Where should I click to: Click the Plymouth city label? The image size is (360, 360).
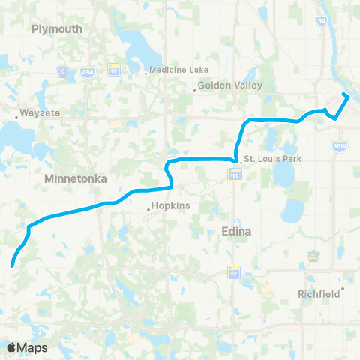click(57, 28)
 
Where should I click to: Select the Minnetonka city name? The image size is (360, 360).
click(76, 179)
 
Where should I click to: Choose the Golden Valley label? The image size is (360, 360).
click(230, 85)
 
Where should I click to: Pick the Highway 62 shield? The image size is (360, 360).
click(235, 269)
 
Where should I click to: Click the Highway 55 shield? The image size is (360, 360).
click(115, 70)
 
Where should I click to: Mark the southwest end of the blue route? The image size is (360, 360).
click(12, 264)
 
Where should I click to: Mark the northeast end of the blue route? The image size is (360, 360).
click(346, 94)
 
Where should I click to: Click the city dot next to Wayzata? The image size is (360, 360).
click(17, 117)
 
